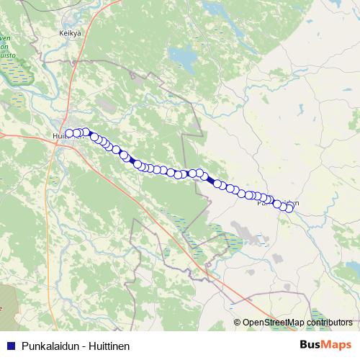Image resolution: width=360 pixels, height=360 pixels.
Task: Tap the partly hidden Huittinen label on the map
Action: point(58,135)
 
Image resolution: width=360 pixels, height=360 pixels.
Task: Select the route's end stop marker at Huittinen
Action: point(69,133)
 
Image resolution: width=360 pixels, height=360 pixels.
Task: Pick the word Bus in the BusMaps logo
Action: point(311,345)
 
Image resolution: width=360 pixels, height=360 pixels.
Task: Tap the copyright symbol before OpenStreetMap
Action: point(237,323)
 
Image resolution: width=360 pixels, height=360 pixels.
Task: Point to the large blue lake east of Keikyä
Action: point(181,55)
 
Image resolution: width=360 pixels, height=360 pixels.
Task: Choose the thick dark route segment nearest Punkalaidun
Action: point(210,180)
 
